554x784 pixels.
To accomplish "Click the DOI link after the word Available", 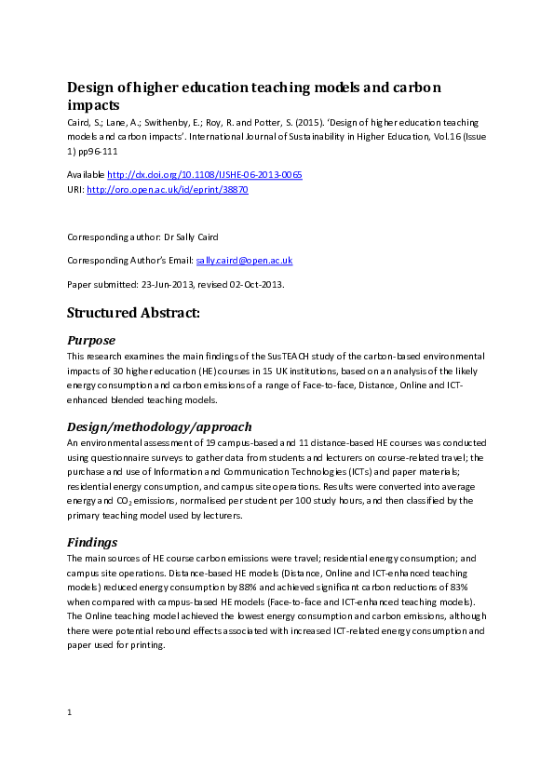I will [x=205, y=174].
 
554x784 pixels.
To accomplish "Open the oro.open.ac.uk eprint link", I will [x=168, y=189].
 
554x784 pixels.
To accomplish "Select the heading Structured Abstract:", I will [x=133, y=313].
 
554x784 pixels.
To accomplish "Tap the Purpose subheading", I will [x=91, y=340].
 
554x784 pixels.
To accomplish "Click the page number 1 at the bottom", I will [x=70, y=712].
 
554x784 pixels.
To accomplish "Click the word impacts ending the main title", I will [x=93, y=105].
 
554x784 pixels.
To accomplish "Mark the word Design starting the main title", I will [x=92, y=88].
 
